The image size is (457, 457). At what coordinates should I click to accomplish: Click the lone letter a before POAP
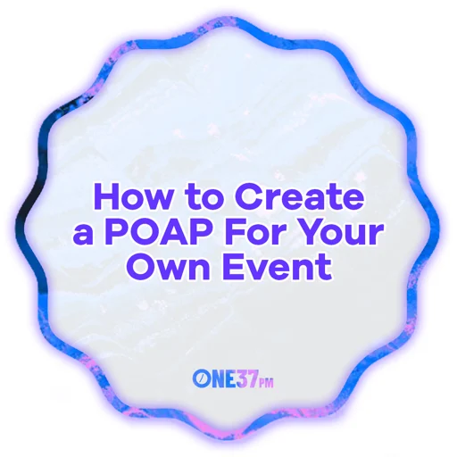coord(85,234)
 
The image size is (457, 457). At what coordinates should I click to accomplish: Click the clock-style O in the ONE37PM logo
coord(201,379)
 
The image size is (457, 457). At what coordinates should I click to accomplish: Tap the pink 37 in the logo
coord(248,379)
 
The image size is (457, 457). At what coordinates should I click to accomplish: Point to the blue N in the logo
coord(217,379)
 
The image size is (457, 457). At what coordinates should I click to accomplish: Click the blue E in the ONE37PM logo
coord(231,379)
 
